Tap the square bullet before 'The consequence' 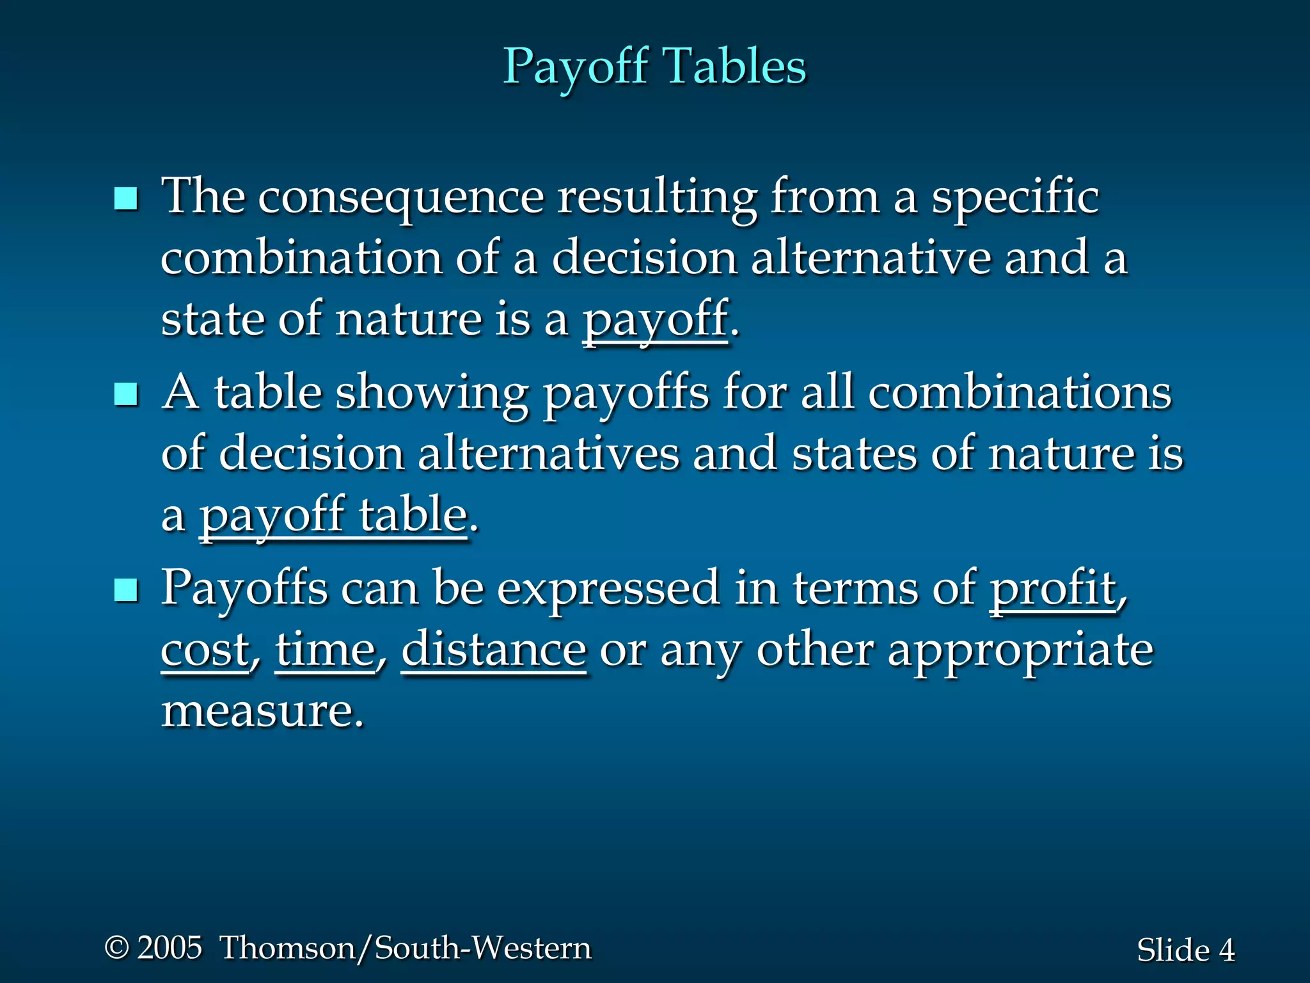pyautogui.click(x=126, y=199)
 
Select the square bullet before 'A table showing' pyautogui.click(x=126, y=394)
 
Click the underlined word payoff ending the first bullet pyautogui.click(x=655, y=320)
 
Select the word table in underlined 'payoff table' pyautogui.click(x=413, y=516)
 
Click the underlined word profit pyautogui.click(x=1053, y=589)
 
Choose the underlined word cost pyautogui.click(x=205, y=650)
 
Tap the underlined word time pyautogui.click(x=325, y=650)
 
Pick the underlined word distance pyautogui.click(x=494, y=650)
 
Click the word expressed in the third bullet pyautogui.click(x=608, y=589)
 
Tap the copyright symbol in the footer pyautogui.click(x=117, y=948)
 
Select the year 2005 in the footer pyautogui.click(x=170, y=948)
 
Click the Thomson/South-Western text pyautogui.click(x=406, y=948)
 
